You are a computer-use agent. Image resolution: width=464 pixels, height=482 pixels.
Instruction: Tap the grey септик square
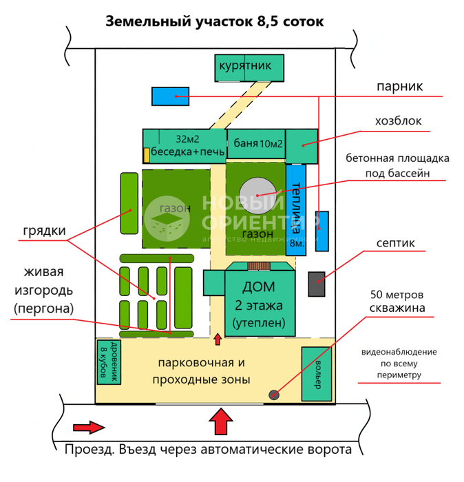[316, 283]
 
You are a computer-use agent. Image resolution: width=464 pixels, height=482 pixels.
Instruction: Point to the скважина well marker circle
[274, 395]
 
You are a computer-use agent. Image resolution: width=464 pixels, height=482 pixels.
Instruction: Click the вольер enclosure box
[317, 373]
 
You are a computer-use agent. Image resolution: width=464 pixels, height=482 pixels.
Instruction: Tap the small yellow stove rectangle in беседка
[146, 155]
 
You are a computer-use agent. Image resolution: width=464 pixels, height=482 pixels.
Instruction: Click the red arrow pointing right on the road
[87, 427]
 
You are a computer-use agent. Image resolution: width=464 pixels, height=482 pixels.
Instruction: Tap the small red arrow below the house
[218, 339]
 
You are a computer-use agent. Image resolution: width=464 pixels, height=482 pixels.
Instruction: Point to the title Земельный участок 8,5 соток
[214, 21]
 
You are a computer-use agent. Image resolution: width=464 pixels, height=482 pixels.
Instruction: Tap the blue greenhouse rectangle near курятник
[170, 96]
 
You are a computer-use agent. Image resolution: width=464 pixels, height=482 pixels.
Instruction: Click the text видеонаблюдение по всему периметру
[399, 364]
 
